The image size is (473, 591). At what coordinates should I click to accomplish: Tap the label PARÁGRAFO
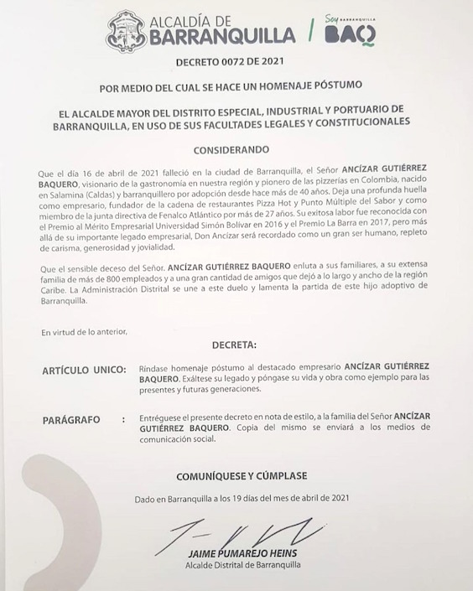pyautogui.click(x=71, y=418)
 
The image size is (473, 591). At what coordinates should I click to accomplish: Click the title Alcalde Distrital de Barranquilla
pyautogui.click(x=237, y=568)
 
